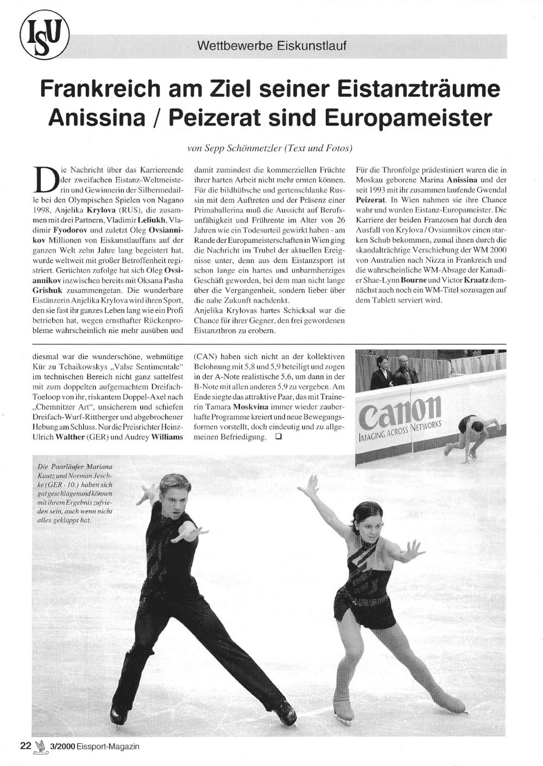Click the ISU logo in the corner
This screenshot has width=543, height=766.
click(x=45, y=36)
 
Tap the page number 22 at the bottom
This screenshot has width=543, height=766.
click(x=26, y=746)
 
